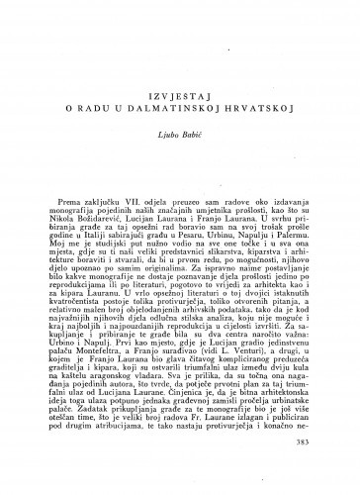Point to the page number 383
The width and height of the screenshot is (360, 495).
(x=314, y=467)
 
